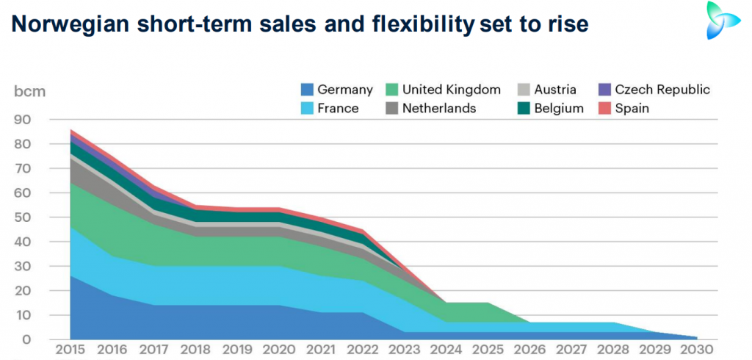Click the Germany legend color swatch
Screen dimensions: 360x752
[308, 90]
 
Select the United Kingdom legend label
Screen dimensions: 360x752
[451, 90]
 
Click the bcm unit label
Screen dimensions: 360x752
[29, 92]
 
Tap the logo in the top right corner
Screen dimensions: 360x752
[726, 20]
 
